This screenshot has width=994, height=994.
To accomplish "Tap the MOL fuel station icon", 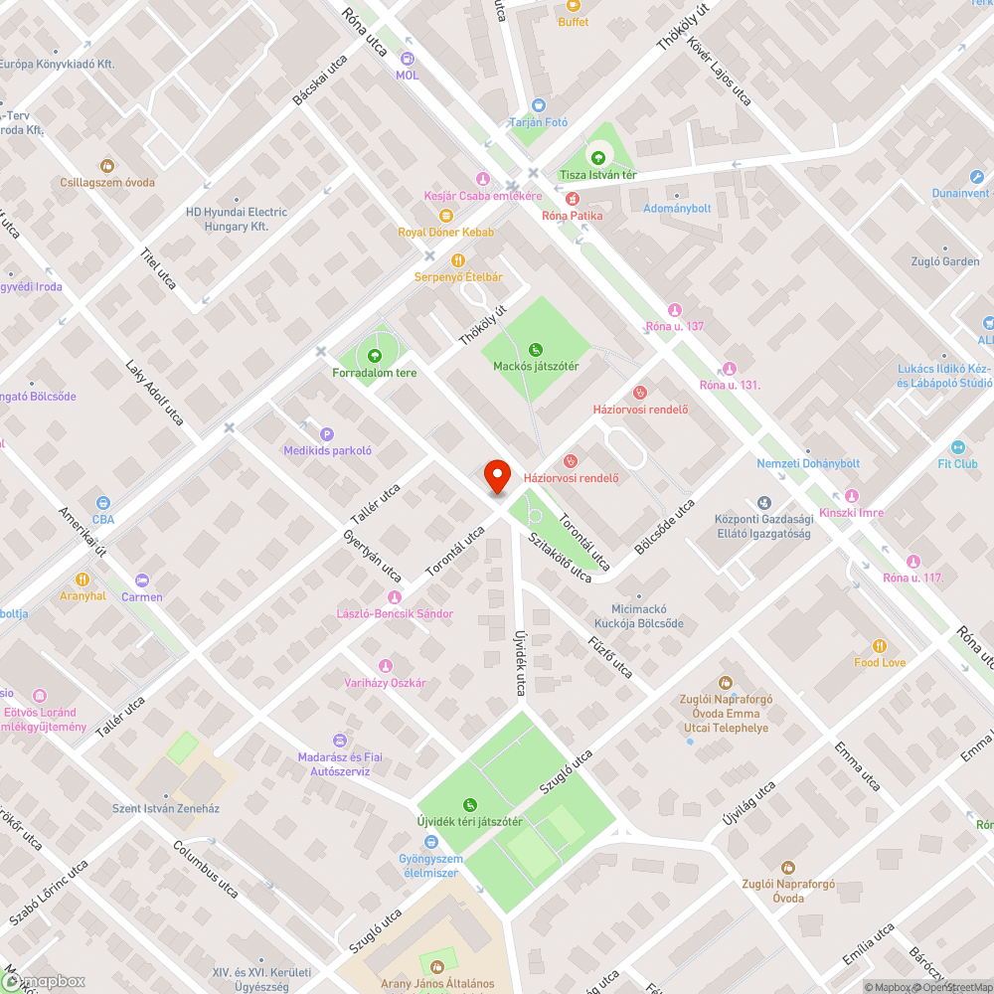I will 407,58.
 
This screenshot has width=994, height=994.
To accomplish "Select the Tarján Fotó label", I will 538,122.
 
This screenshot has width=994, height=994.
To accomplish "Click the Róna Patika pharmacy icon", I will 559,199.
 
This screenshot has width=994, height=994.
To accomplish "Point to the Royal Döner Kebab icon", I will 445,216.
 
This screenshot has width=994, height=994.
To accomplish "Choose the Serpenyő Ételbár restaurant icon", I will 457,260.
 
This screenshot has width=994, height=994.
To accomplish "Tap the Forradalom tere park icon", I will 374,356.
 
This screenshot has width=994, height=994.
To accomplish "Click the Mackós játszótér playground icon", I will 536,349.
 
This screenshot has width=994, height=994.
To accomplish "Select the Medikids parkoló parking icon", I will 326,433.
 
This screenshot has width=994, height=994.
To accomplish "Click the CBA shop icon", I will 103,503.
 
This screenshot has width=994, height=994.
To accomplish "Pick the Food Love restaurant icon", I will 879,646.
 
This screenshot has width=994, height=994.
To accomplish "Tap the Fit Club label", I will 957,463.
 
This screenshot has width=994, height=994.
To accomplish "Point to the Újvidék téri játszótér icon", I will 469,805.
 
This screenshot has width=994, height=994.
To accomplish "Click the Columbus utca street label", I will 206,870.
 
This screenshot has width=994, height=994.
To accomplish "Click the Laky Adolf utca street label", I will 154,393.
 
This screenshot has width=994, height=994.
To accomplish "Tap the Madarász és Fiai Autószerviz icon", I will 339,741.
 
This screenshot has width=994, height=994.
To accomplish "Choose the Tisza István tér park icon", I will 597,157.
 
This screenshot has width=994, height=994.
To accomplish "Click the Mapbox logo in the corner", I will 45,981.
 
